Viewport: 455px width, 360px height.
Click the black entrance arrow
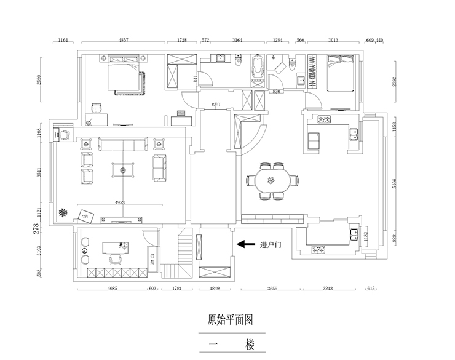(246, 244)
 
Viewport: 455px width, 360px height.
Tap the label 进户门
(271, 244)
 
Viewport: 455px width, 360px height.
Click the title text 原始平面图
(227, 319)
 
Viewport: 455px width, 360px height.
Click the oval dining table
(271, 180)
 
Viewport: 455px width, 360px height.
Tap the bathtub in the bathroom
(256, 70)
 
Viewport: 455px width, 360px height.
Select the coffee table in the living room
(124, 169)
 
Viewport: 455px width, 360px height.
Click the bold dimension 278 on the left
(36, 229)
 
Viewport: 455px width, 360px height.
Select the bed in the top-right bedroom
(340, 74)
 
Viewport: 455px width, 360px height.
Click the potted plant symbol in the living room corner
(62, 213)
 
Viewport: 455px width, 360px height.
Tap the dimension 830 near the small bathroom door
(277, 92)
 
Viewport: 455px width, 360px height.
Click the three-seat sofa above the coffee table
(124, 145)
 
